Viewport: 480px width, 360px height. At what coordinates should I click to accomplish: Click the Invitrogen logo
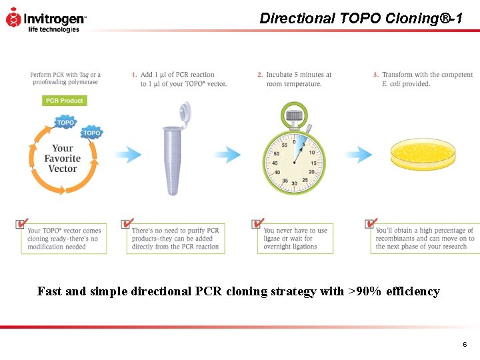[x=45, y=19]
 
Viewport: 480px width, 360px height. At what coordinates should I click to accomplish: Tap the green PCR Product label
[x=65, y=101]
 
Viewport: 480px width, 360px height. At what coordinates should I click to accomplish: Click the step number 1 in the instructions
[x=134, y=75]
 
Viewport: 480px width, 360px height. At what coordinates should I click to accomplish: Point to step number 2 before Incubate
[x=260, y=75]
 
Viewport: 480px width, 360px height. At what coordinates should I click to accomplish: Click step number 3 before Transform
[x=375, y=75]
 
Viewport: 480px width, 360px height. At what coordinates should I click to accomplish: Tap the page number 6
[x=465, y=344]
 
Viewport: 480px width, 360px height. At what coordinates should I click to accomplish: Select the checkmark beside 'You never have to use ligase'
[x=257, y=223]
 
